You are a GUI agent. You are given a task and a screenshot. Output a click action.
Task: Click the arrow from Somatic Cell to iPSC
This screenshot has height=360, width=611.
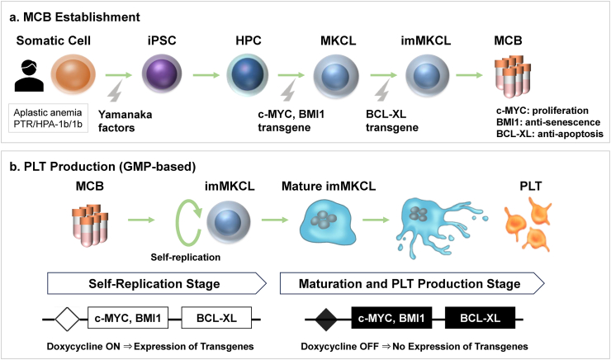pyautogui.click(x=114, y=73)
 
